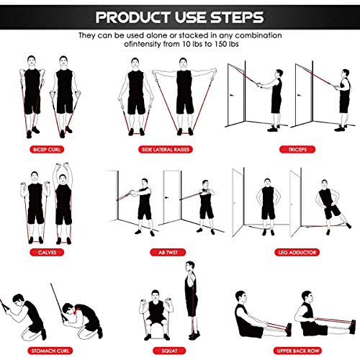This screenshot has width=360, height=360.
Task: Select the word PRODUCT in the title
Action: pos(137,16)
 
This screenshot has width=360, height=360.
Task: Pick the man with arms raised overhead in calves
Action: pos(63,194)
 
